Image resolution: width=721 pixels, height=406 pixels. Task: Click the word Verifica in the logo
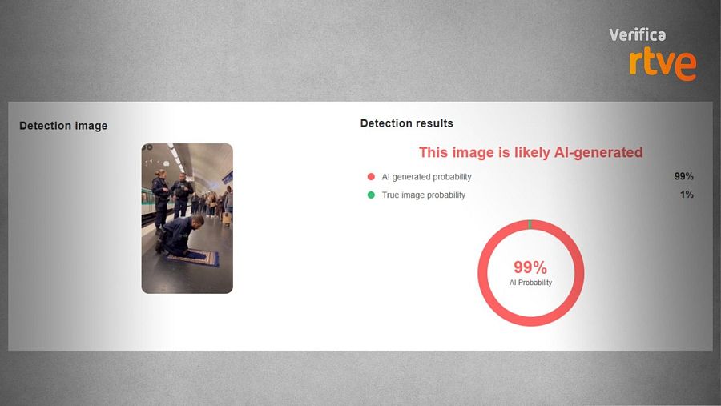[x=637, y=35]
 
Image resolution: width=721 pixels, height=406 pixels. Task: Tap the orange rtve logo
[x=662, y=62]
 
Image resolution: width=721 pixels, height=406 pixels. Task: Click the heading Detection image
[x=63, y=126]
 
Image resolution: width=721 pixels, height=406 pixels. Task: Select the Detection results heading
[x=406, y=123]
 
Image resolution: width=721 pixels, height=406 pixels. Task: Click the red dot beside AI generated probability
[x=371, y=177]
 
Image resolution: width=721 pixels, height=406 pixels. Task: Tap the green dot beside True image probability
[x=371, y=195]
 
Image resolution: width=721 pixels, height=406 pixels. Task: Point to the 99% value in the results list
[x=683, y=177]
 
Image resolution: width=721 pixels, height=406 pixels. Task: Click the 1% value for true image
[x=687, y=195]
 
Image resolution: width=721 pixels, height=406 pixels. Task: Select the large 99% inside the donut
[x=530, y=267]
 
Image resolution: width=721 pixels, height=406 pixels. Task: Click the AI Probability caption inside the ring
[x=530, y=283]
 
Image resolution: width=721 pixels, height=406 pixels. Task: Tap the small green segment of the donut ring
[x=530, y=223]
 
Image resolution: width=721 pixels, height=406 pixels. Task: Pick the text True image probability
[x=423, y=195]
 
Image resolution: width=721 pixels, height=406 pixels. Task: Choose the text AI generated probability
[x=426, y=177]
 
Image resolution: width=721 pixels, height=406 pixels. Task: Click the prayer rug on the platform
[x=192, y=259]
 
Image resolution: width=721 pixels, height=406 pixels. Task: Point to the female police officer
[x=161, y=195]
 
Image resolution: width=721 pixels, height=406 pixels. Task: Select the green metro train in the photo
[x=147, y=207]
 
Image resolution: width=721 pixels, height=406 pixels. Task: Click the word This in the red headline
[x=433, y=152]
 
